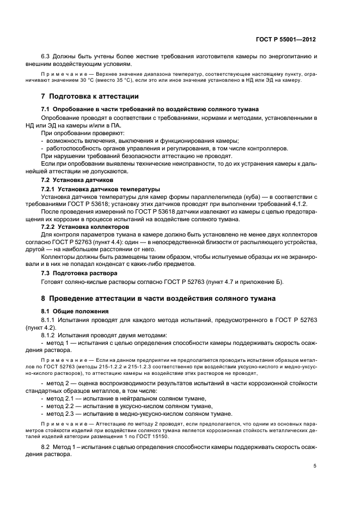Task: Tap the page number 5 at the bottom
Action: click(x=315, y=466)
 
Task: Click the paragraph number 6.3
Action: click(x=46, y=57)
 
